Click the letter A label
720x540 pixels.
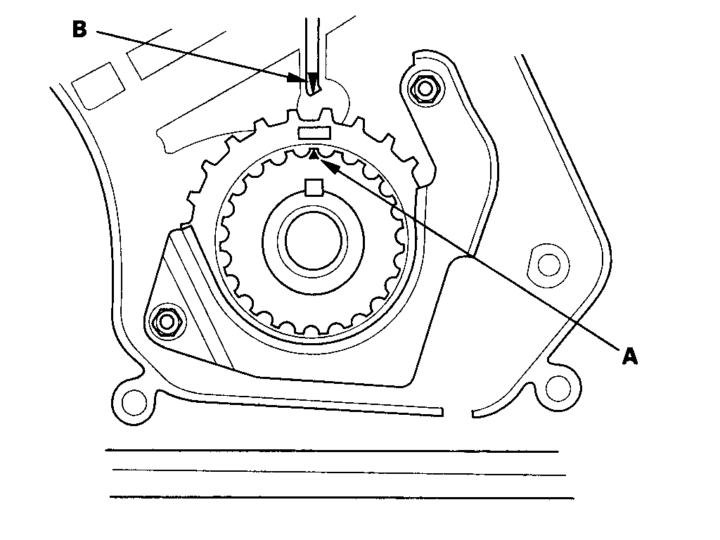629,356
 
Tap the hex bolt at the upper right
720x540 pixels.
423,89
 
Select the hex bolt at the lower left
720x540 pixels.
167,321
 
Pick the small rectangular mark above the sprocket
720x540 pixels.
314,132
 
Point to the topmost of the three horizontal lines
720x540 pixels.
330,451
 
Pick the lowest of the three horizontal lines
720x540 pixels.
341,498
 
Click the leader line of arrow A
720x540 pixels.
478,260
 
